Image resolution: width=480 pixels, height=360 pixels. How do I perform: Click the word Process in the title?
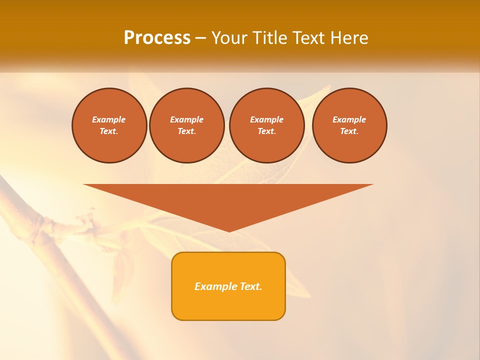coord(157,38)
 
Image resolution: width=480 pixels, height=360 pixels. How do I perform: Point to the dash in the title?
coord(200,38)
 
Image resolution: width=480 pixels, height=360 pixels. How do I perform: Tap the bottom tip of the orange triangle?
coord(229,230)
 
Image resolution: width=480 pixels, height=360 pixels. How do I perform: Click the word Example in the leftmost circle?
coord(109,119)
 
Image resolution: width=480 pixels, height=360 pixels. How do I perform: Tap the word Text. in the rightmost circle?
coord(349,131)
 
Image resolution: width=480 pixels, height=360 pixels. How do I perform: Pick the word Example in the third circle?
coord(266,119)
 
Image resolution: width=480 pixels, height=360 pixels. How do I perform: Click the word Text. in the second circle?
coord(186,131)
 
